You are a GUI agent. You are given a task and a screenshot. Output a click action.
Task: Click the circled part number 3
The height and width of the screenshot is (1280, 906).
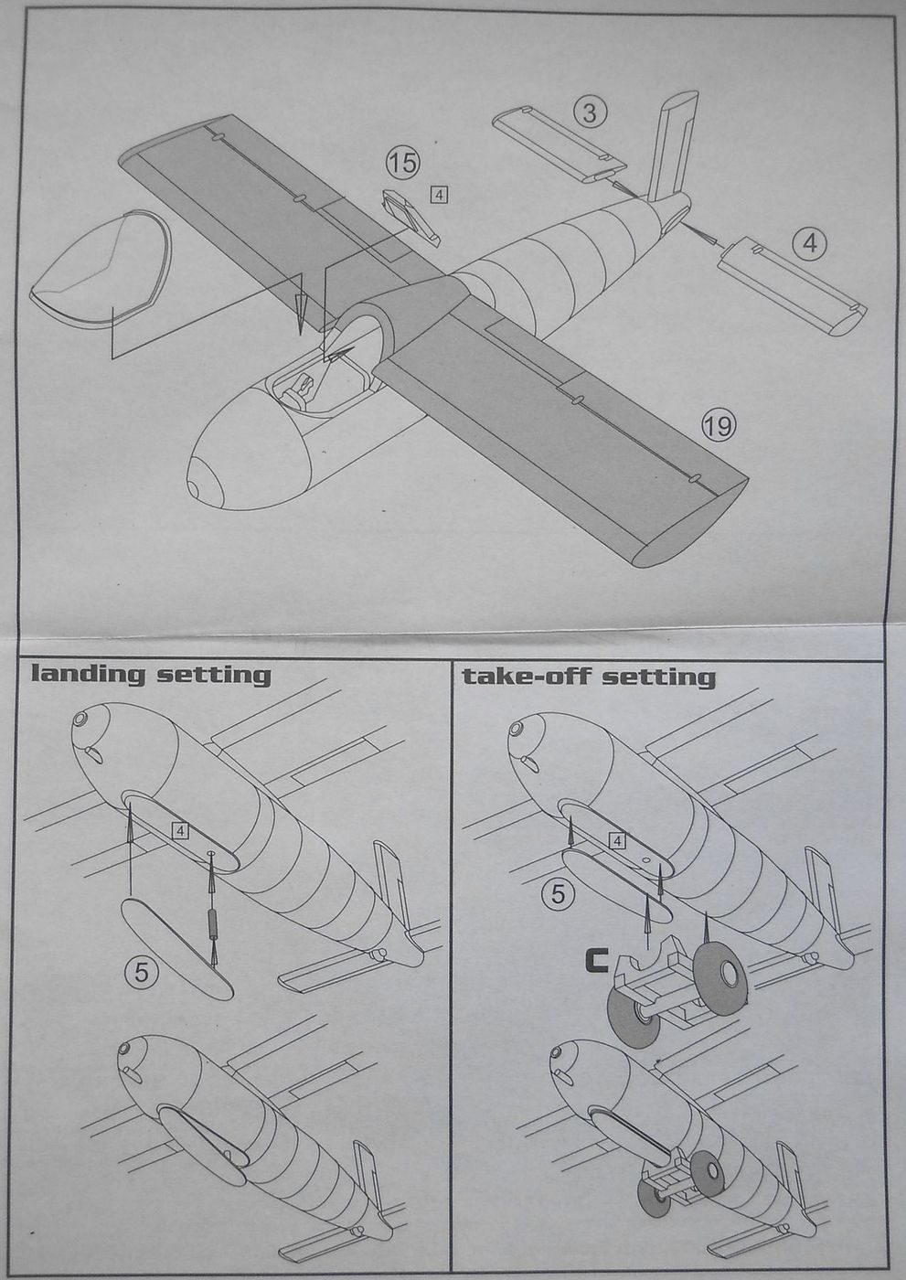pyautogui.click(x=591, y=112)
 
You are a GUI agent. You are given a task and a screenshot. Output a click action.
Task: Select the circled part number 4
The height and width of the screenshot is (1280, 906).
pyautogui.click(x=810, y=243)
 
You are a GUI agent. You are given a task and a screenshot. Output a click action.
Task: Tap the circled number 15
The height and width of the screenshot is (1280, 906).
pyautogui.click(x=402, y=164)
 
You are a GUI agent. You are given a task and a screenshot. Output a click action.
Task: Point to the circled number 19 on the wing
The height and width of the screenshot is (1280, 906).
pyautogui.click(x=719, y=424)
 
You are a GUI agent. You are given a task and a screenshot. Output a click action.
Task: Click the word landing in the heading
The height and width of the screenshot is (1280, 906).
pyautogui.click(x=87, y=675)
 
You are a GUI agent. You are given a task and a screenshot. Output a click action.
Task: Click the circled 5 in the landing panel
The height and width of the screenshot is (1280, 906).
pyautogui.click(x=141, y=972)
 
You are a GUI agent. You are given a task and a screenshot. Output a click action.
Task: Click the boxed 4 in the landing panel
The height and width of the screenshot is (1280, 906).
pyautogui.click(x=180, y=830)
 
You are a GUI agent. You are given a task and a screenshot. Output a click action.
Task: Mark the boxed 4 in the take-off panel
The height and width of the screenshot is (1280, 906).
pyautogui.click(x=619, y=840)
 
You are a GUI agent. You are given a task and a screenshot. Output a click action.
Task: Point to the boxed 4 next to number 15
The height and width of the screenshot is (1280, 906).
pyautogui.click(x=440, y=194)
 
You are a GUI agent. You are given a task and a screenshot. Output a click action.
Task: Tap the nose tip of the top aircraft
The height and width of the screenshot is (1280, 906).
pyautogui.click(x=199, y=485)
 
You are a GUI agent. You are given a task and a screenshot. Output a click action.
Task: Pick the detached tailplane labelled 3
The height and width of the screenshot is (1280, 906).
pyautogui.click(x=559, y=141)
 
